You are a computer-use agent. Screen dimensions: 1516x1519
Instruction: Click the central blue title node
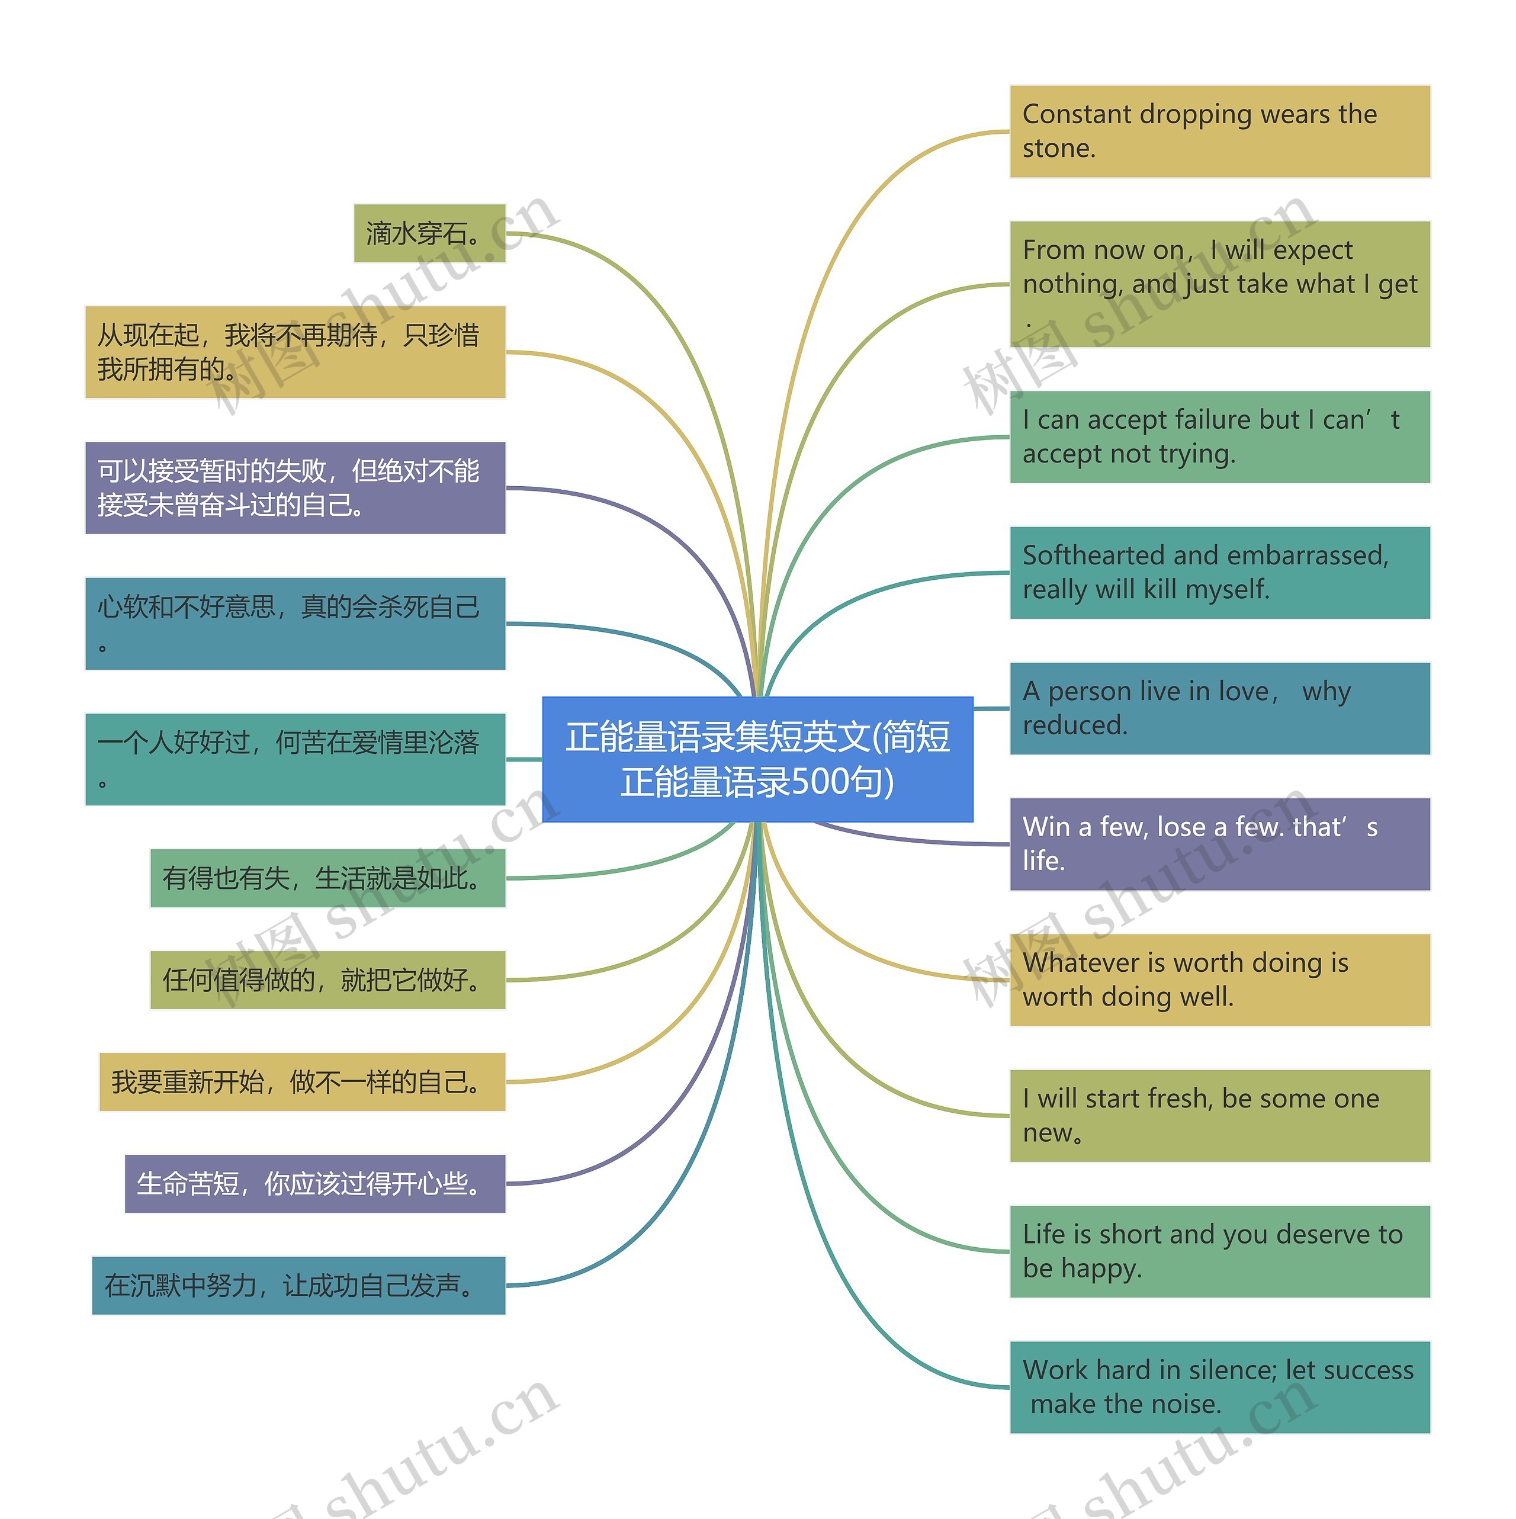(757, 759)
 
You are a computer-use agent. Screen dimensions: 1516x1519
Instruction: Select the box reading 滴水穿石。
(429, 233)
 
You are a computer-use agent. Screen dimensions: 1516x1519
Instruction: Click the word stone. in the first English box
(1058, 149)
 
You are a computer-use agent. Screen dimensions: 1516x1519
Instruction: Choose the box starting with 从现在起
(295, 352)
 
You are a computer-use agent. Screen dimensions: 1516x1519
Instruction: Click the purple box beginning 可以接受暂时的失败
(295, 487)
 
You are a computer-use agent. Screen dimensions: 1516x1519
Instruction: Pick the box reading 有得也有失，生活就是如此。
(327, 878)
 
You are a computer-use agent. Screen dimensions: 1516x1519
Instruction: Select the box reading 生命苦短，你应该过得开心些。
(314, 1183)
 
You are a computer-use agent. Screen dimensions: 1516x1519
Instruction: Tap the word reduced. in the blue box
(1074, 725)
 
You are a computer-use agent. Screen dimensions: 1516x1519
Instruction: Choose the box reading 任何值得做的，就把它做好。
(327, 980)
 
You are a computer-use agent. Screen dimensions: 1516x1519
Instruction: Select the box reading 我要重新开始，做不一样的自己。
(302, 1082)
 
